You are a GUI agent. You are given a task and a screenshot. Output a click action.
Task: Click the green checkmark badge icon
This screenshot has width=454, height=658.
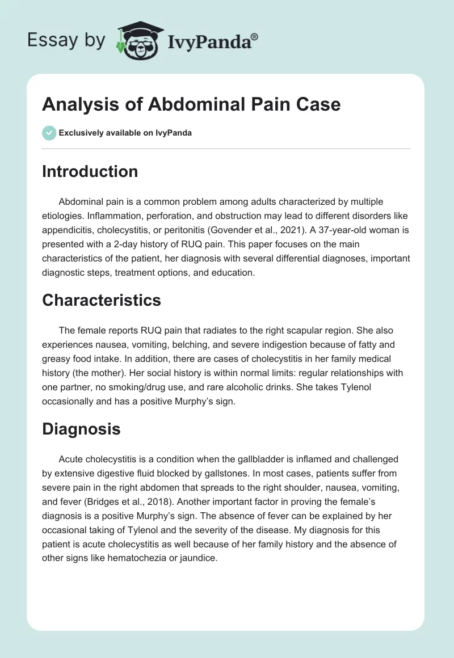point(49,133)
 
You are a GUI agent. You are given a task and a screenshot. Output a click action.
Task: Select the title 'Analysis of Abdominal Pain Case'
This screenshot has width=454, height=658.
point(191,104)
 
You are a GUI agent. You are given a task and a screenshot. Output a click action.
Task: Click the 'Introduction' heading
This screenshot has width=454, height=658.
point(90,171)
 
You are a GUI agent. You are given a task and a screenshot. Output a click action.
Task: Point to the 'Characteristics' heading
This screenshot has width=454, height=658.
point(102,300)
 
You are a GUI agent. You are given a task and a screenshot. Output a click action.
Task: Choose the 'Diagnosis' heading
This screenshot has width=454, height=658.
point(81,428)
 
